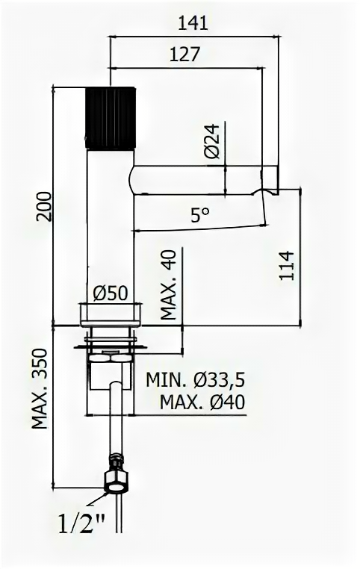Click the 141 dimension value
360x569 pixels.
(193, 23)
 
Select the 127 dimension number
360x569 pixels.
(184, 55)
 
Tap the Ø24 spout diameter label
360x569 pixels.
(212, 141)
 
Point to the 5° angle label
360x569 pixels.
(200, 215)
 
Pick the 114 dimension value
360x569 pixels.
(286, 265)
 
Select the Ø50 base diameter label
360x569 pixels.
(111, 293)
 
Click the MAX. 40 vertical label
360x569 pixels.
(168, 284)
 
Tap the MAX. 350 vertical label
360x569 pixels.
(40, 388)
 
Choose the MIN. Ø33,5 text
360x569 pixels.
(196, 380)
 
